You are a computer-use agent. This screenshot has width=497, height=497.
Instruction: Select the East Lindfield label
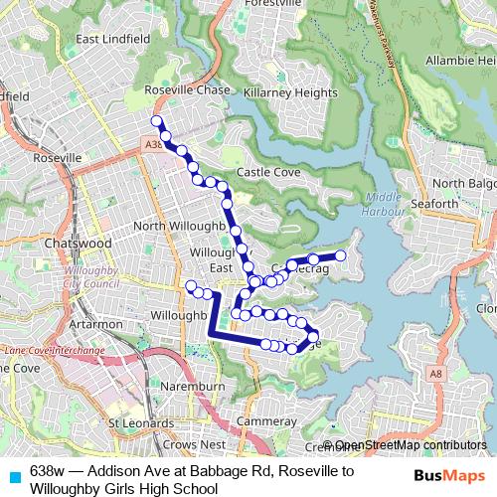point(112,39)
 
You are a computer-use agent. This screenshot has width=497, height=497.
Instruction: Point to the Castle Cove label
point(268,172)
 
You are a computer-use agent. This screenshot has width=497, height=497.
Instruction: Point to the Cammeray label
point(267,421)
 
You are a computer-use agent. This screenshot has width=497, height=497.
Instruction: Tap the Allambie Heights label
point(457,61)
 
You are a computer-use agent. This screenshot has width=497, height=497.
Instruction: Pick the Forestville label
point(269,4)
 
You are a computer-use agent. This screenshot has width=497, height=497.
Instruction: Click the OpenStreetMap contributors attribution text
point(411,445)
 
